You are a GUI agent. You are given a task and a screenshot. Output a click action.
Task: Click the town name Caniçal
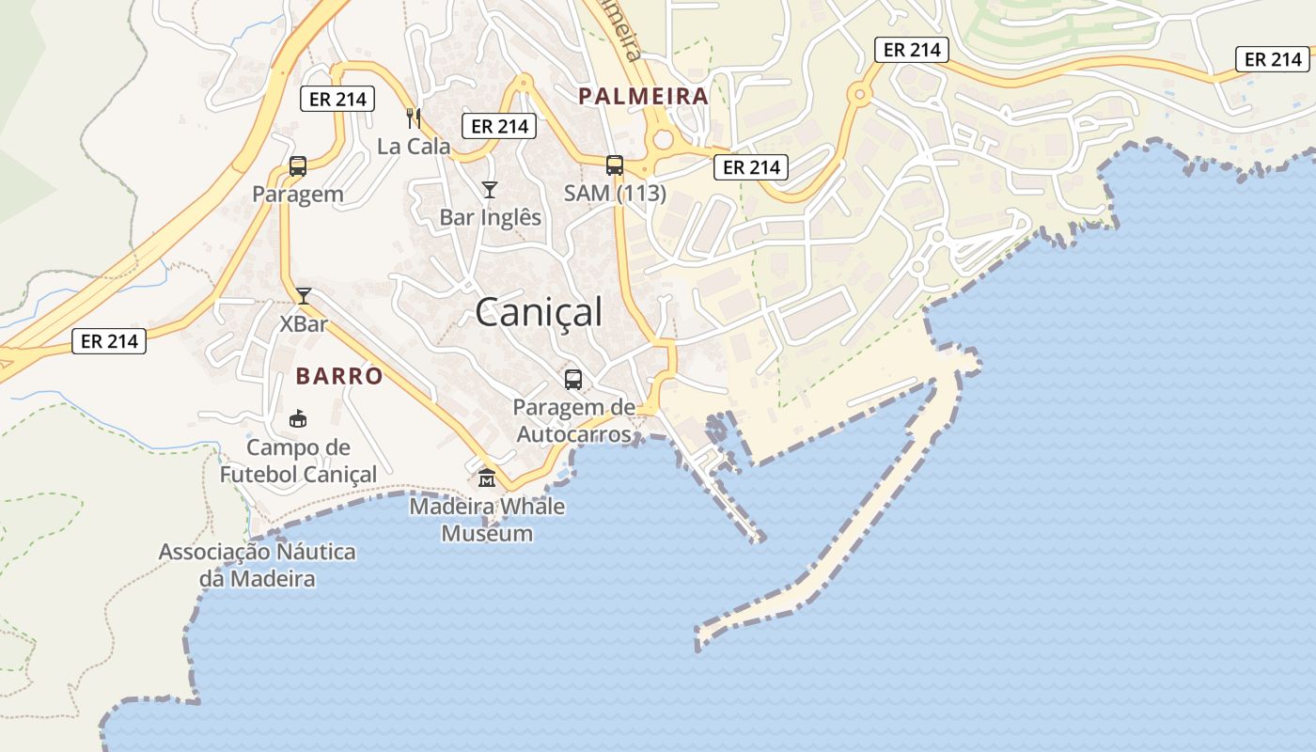click(538, 312)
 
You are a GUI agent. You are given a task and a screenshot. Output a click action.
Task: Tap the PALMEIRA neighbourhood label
click(643, 96)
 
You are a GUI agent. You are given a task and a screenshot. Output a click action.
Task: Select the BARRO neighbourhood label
click(339, 377)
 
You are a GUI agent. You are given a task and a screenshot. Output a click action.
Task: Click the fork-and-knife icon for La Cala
click(414, 117)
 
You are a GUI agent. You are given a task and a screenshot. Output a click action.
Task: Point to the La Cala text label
click(414, 147)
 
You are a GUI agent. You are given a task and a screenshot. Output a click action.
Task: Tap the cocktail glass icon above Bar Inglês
click(490, 190)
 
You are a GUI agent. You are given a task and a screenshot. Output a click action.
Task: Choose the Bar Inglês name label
click(491, 217)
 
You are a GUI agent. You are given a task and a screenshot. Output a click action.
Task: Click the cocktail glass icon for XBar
click(304, 296)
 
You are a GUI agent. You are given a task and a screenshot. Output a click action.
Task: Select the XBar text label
click(304, 324)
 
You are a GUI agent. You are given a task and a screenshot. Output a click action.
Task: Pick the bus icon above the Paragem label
click(298, 166)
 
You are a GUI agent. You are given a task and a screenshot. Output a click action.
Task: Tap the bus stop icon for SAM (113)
click(615, 165)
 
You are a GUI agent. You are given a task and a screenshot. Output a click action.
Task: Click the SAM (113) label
click(615, 194)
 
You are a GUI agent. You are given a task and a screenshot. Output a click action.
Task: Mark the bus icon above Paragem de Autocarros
click(573, 380)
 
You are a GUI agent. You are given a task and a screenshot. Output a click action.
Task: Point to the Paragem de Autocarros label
click(575, 420)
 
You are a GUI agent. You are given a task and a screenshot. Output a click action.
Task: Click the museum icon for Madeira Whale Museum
click(487, 478)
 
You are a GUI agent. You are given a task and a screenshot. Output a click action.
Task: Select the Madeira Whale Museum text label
click(487, 520)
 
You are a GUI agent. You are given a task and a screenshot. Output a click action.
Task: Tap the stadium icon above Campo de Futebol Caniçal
click(298, 418)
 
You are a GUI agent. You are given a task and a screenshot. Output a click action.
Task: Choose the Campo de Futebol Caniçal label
click(298, 461)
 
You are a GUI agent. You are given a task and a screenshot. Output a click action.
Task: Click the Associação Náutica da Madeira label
click(257, 565)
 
